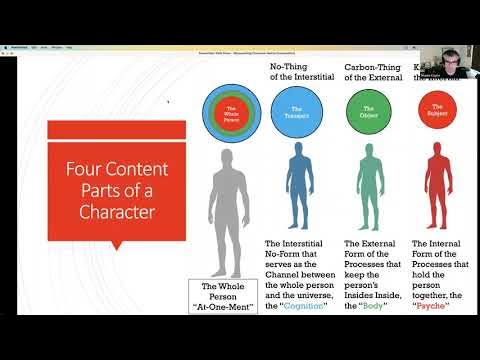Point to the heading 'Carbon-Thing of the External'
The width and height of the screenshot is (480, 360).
coord(372,73)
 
